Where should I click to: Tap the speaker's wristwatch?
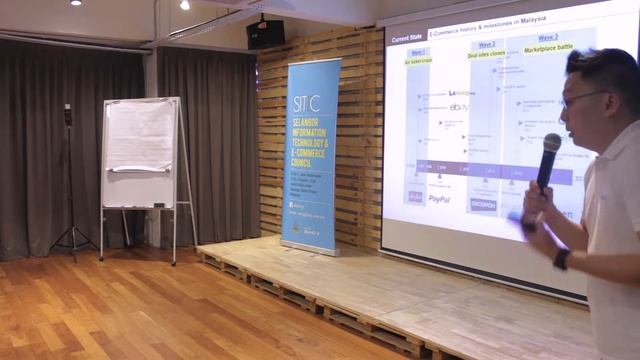562,259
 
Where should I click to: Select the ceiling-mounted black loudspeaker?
265,34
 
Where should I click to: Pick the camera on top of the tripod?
68,114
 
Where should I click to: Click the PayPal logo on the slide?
439,199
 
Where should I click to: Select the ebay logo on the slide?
458,107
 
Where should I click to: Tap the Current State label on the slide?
407,37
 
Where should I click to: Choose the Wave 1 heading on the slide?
418,52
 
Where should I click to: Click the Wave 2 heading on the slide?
487,45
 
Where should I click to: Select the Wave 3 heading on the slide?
547,38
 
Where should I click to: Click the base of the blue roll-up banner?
309,249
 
